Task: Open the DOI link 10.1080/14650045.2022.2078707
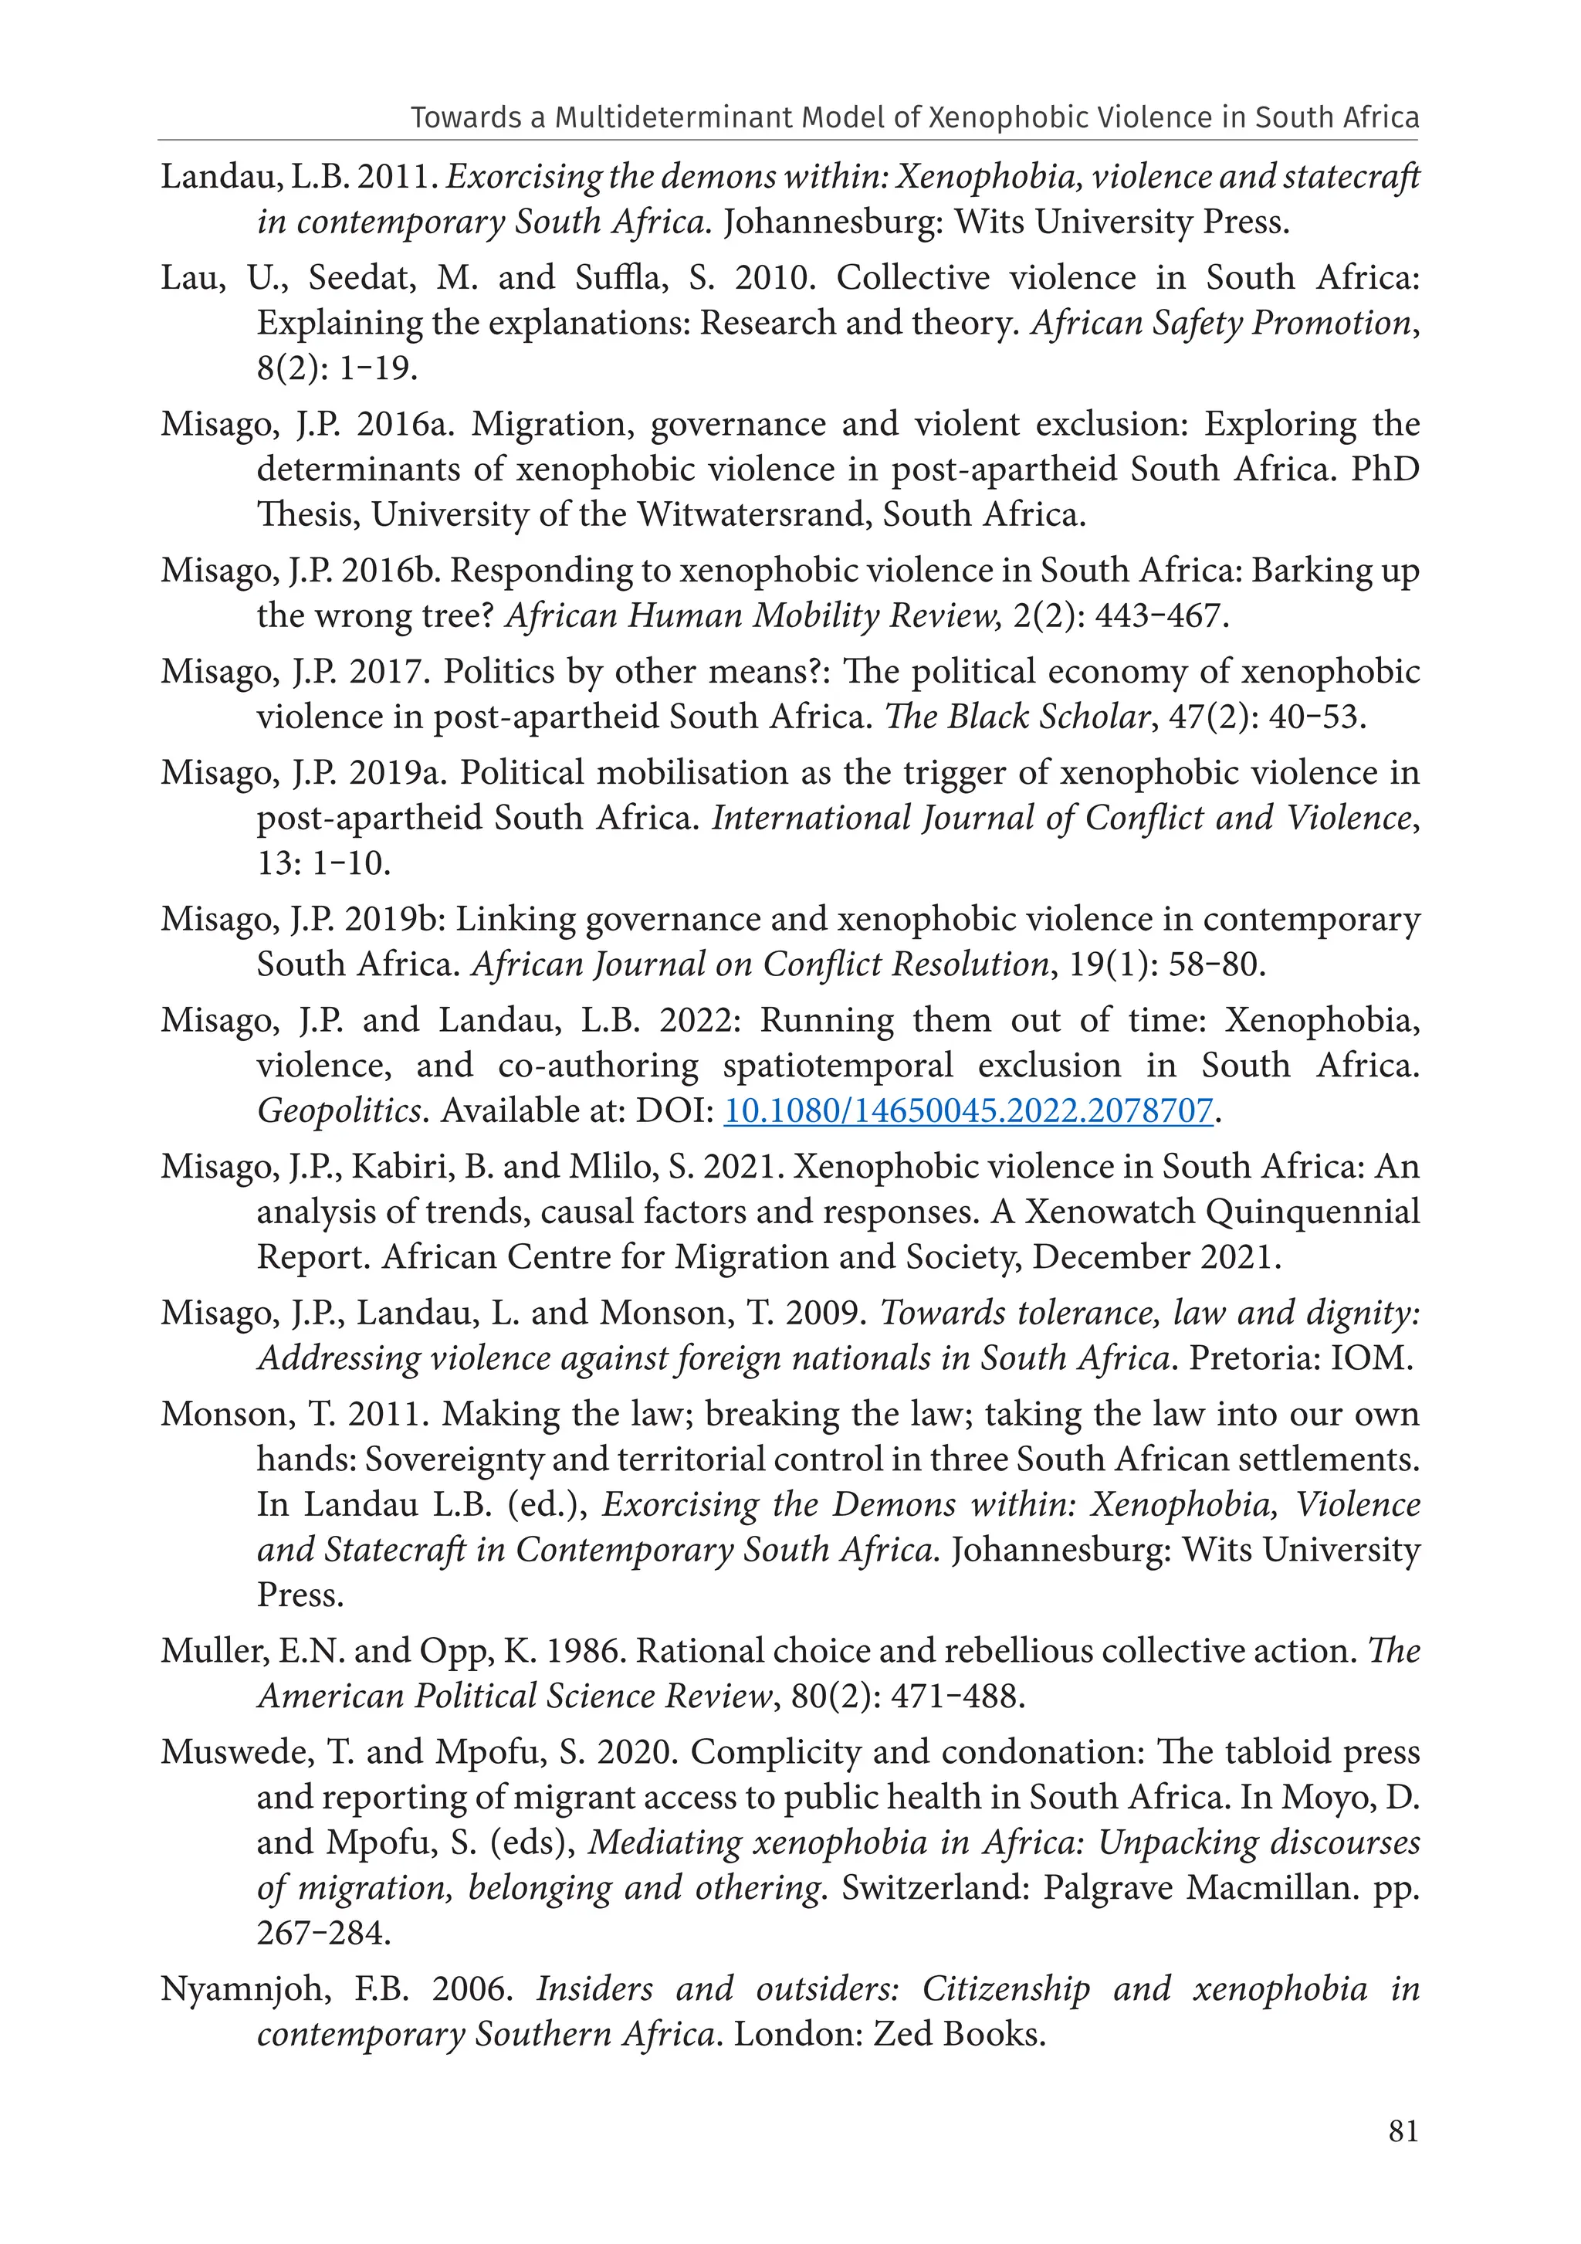(x=967, y=1110)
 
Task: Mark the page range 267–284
(x=323, y=1932)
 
